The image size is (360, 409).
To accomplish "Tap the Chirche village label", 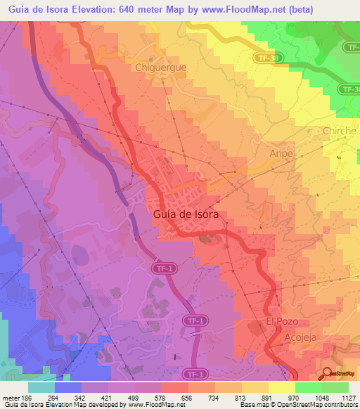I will pyautogui.click(x=340, y=131).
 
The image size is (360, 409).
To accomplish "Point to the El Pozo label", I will pyautogui.click(x=278, y=320).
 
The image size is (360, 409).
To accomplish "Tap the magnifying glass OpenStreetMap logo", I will pyautogui.click(x=328, y=373).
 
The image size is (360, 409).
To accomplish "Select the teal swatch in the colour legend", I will pyautogui.click(x=41, y=387).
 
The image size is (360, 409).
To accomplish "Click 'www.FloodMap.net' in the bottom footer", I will pyautogui.click(x=151, y=405).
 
